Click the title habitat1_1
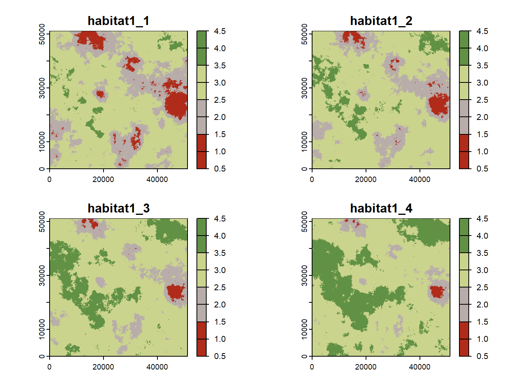point(118,21)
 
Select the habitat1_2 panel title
point(381,21)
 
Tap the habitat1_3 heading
point(118,208)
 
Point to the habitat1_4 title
point(381,208)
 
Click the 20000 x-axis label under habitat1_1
point(103,179)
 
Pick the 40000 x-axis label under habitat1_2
point(420,179)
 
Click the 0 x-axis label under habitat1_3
point(49,367)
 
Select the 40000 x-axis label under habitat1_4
point(420,367)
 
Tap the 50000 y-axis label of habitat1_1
point(42,34)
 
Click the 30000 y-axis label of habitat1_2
point(304,88)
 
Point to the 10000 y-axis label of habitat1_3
point(42,329)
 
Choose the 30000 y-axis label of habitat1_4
point(304,275)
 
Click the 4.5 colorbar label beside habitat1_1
point(220,31)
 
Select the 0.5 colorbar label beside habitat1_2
point(482,169)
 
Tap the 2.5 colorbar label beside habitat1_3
point(220,287)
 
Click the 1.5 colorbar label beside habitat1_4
point(482,322)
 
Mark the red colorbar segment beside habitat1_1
point(202,152)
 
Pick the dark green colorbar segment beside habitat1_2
point(464,48)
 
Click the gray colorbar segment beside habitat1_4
point(464,305)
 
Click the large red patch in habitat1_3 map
point(175,292)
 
